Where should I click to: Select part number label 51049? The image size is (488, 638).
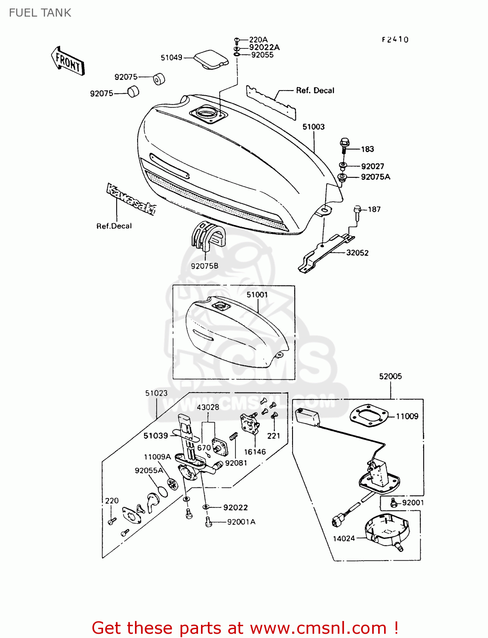click(171, 57)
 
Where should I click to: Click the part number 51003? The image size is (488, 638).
click(313, 127)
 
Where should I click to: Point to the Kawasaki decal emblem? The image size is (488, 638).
click(131, 199)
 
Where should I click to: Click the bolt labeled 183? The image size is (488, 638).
click(344, 144)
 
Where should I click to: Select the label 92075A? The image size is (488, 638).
click(375, 177)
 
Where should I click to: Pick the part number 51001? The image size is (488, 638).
click(257, 294)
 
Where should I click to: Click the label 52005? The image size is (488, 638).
click(390, 376)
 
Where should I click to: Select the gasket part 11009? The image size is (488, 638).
click(369, 415)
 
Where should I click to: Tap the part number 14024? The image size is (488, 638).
click(344, 538)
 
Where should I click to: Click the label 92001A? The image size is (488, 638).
click(241, 522)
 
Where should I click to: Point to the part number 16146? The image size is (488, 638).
click(255, 452)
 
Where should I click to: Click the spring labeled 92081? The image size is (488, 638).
click(233, 436)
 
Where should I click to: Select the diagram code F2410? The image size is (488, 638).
click(395, 40)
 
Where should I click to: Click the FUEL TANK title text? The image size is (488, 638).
click(40, 13)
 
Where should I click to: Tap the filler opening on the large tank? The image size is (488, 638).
click(208, 114)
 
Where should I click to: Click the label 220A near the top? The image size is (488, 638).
click(258, 40)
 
